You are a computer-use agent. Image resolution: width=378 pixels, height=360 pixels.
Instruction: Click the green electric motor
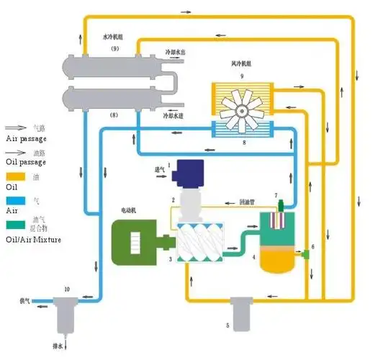[x=136, y=240]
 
